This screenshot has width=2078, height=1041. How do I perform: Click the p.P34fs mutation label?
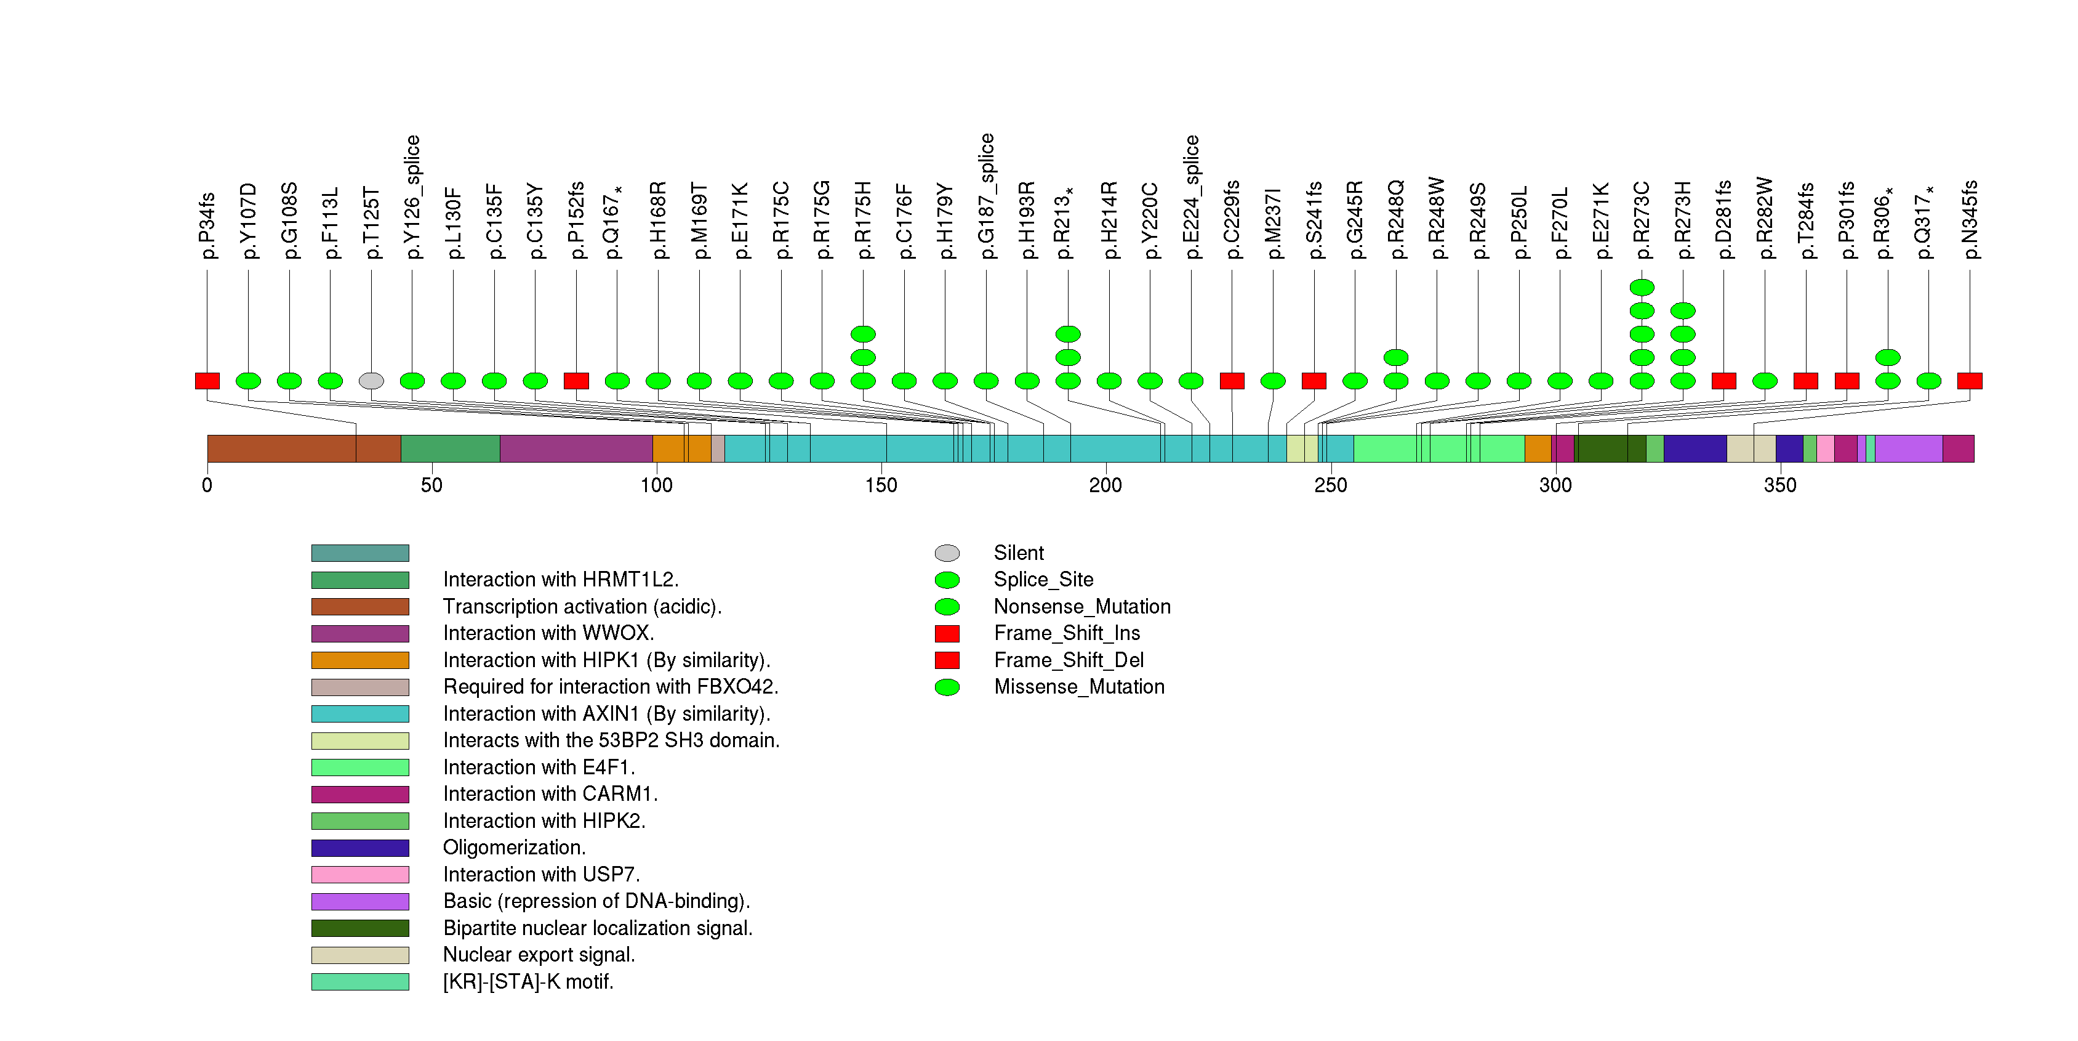[x=207, y=226]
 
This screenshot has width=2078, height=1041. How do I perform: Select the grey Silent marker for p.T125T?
[x=371, y=381]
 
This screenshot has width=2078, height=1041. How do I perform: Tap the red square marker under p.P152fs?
[x=576, y=381]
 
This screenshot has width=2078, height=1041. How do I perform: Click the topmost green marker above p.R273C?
[x=1642, y=287]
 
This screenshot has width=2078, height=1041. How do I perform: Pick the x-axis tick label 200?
[x=1105, y=485]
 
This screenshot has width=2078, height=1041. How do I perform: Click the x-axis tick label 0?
[x=207, y=485]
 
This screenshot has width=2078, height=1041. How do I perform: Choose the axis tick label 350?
[x=1779, y=485]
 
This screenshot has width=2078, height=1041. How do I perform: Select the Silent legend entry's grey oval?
[x=947, y=553]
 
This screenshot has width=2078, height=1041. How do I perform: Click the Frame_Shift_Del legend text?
[x=1068, y=660]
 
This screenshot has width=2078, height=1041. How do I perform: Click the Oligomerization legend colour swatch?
[x=360, y=848]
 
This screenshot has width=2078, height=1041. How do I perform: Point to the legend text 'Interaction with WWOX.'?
[x=548, y=633]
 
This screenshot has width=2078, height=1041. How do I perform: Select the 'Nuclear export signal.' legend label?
[x=539, y=955]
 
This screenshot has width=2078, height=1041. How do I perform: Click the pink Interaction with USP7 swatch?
[x=360, y=875]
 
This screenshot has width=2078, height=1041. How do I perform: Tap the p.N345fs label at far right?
[x=1969, y=219]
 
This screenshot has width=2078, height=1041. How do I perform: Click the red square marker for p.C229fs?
[x=1232, y=381]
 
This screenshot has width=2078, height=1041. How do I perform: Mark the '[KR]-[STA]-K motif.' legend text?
[x=528, y=982]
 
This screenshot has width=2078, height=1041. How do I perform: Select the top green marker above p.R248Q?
[x=1395, y=357]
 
